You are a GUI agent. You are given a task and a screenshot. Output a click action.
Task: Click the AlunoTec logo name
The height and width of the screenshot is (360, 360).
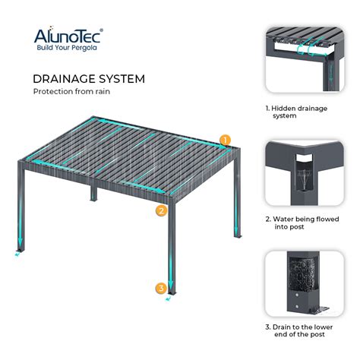[67, 35]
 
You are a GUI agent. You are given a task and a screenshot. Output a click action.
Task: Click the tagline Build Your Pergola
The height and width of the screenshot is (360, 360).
[67, 48]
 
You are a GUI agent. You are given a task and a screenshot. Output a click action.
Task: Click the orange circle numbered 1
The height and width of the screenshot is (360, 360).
[225, 140]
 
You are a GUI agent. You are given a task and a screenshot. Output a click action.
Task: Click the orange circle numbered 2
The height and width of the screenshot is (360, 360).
[161, 210]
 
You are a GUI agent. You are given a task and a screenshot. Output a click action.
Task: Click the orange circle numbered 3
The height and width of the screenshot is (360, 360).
[161, 288]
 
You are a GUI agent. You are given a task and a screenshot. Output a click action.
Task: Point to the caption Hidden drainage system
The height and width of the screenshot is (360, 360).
[297, 112]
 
